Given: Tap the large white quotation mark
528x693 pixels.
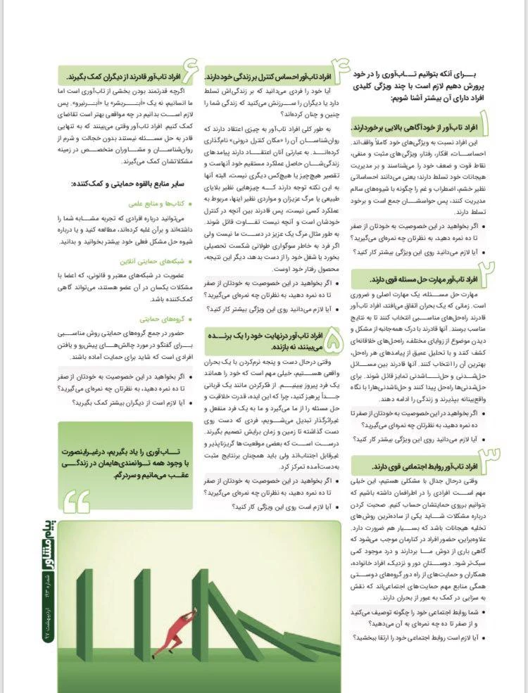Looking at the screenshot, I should tap(80, 499).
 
